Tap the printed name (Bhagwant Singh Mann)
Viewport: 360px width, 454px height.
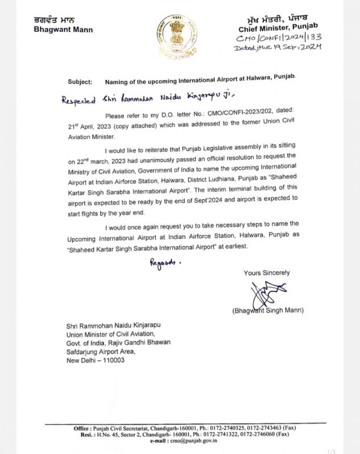(x=267, y=310)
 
